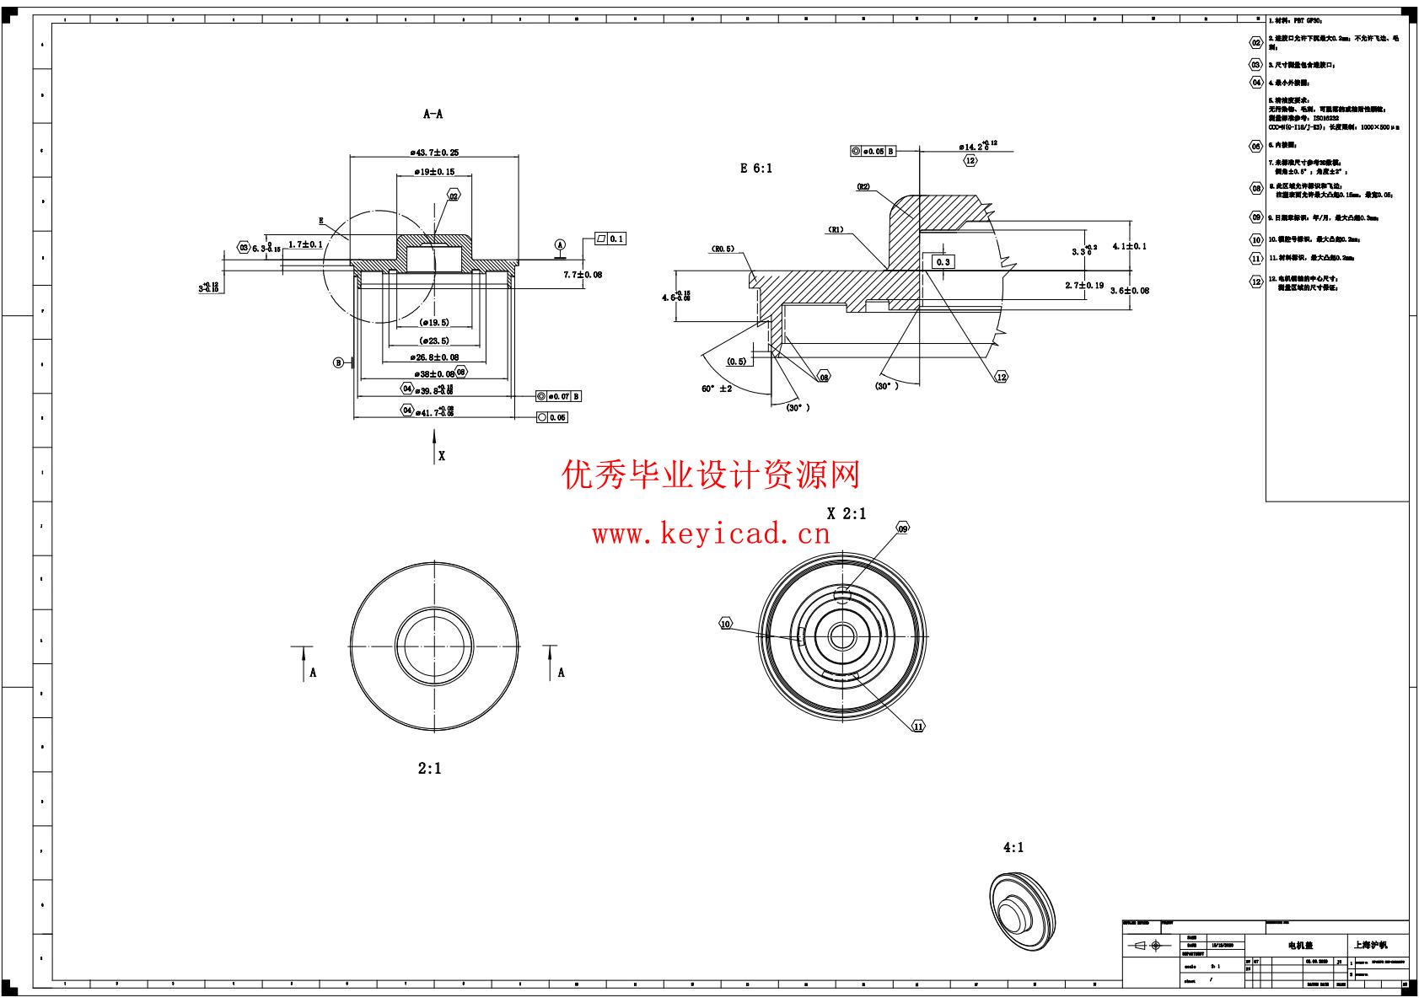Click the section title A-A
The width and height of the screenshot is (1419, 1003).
[433, 114]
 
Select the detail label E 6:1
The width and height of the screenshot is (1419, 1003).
[756, 169]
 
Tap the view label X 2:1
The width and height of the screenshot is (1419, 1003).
[846, 513]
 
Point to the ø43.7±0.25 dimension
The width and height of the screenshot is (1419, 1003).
[434, 153]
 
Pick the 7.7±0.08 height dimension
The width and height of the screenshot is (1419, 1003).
[583, 275]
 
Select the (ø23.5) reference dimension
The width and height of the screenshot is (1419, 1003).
[433, 341]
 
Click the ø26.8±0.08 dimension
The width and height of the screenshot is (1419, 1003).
[433, 358]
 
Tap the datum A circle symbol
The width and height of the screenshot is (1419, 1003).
[560, 244]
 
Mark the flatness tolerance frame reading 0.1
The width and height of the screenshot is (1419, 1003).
[610, 239]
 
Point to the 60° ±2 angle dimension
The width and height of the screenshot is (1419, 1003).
[716, 389]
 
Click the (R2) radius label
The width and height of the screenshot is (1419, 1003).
[863, 187]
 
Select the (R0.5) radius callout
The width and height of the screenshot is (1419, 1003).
[723, 249]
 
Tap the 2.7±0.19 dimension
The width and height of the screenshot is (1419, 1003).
[1084, 286]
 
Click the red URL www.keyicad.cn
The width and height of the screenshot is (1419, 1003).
[711, 534]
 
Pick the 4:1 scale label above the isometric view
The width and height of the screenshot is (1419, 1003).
[1013, 848]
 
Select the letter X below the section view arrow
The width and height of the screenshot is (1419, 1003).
[441, 456]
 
